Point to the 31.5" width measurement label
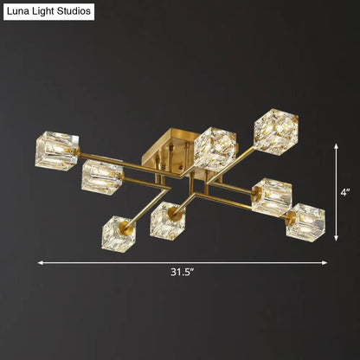point(181,273)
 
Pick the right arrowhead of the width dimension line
point(325,262)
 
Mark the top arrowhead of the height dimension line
point(337,145)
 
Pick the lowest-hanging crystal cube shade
point(116,233)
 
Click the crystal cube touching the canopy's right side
point(215,147)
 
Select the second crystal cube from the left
point(101,177)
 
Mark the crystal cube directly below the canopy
point(167,220)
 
